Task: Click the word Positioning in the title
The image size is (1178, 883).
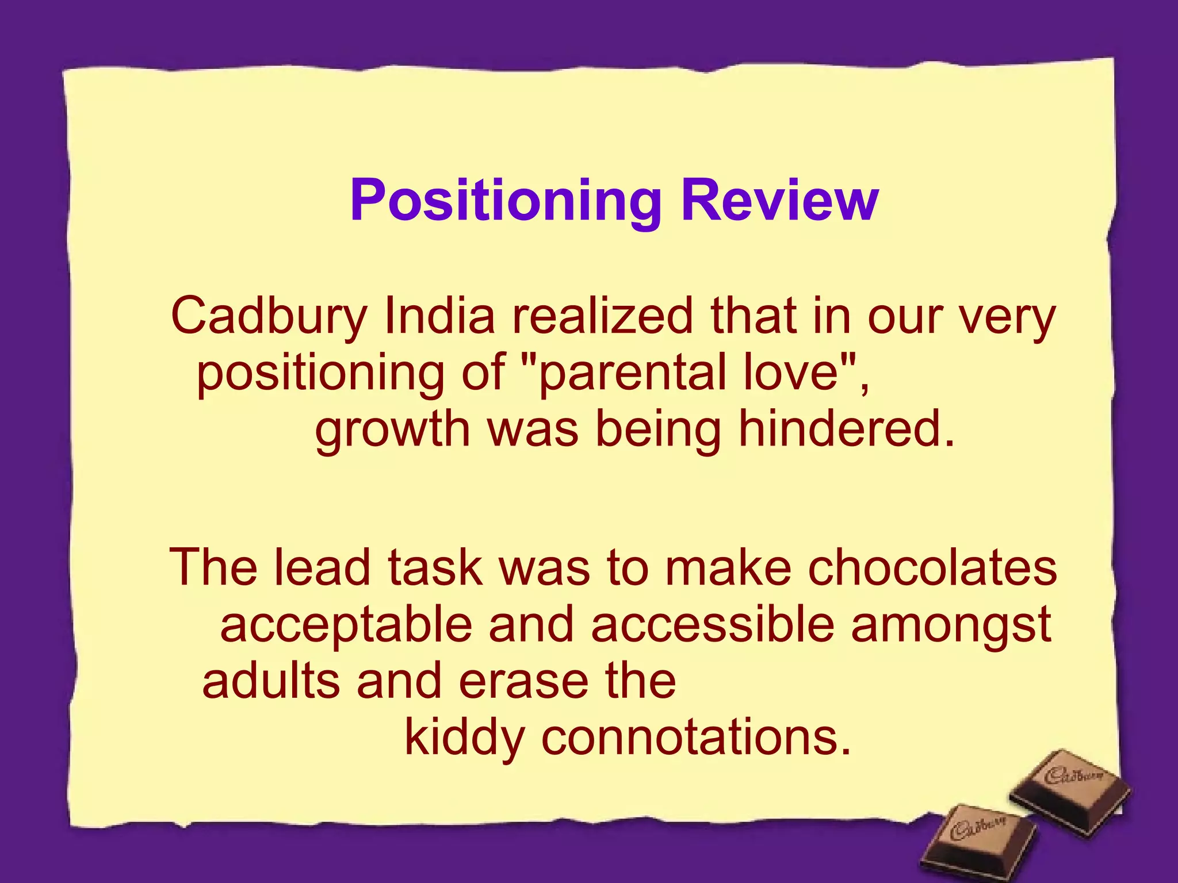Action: [506, 201]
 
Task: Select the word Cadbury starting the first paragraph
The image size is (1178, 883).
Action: [269, 317]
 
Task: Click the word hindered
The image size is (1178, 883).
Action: [839, 429]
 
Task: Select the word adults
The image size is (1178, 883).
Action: [271, 681]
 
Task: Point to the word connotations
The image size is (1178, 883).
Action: [696, 738]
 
